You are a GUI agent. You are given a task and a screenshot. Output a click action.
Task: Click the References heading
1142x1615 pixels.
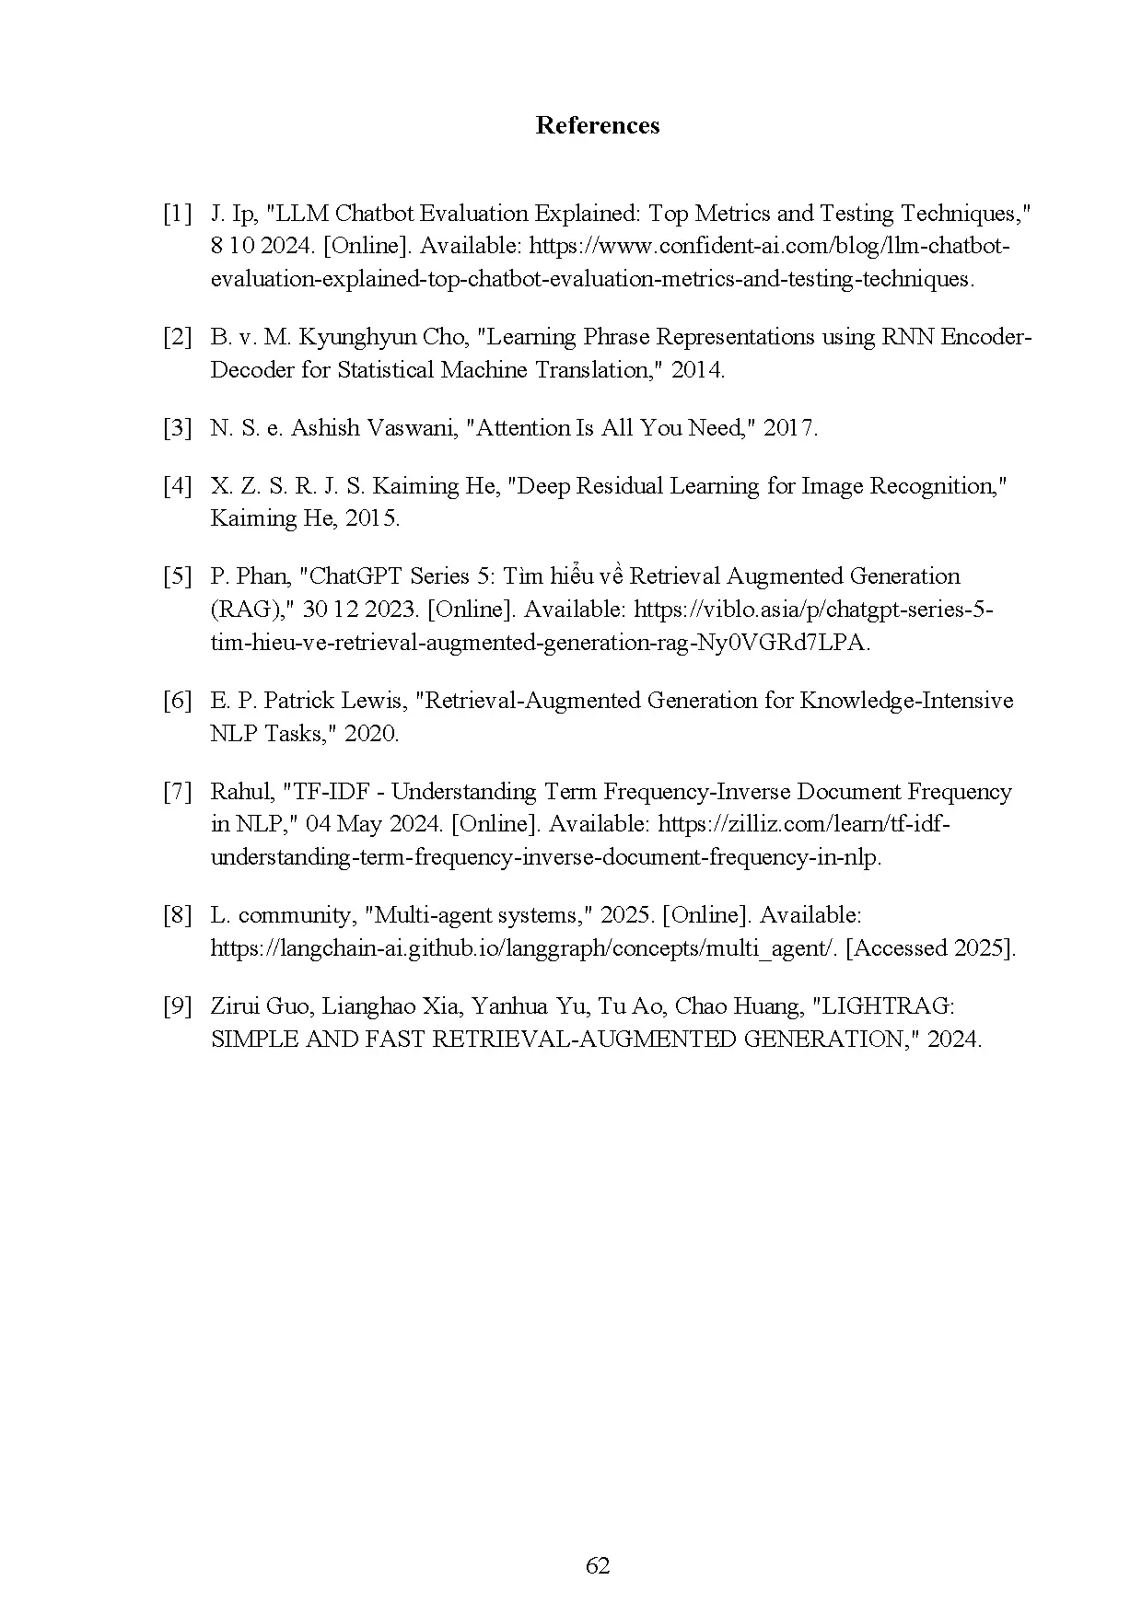[x=597, y=125]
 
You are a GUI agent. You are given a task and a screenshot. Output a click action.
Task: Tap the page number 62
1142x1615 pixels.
[x=598, y=1565]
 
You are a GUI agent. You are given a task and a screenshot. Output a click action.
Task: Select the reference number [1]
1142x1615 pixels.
[x=177, y=214]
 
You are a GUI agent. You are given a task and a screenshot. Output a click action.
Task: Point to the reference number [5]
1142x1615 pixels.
[x=177, y=576]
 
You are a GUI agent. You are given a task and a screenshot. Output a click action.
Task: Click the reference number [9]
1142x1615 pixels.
[x=177, y=1006]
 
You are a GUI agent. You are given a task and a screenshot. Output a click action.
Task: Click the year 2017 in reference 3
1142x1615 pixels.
[x=789, y=428]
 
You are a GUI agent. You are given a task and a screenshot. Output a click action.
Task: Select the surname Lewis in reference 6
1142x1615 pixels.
[x=375, y=701]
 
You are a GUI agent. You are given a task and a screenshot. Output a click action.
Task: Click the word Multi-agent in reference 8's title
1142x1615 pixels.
[x=430, y=915]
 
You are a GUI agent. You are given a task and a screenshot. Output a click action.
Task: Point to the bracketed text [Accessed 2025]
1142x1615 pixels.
[x=930, y=948]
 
